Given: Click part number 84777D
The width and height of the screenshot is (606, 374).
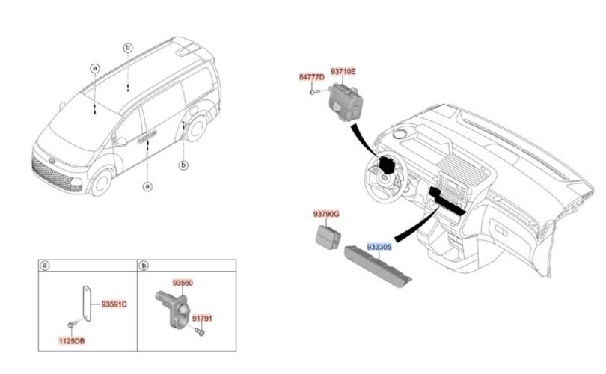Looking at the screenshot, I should (311, 77).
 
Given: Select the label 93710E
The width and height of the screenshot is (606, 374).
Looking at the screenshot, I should (343, 71).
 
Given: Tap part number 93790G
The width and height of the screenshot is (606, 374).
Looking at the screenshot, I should (326, 215).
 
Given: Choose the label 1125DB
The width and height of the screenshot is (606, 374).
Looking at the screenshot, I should (71, 342).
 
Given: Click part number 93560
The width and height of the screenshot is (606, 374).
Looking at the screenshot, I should (183, 283).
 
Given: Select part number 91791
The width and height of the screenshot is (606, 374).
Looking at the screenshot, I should (202, 318).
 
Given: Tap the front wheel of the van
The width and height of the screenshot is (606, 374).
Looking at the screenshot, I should (100, 180).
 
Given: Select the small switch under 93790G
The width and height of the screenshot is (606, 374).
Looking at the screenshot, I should (327, 236).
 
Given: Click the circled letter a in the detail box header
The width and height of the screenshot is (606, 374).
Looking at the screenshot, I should (46, 265).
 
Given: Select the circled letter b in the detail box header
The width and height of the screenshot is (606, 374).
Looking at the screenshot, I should (144, 265).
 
